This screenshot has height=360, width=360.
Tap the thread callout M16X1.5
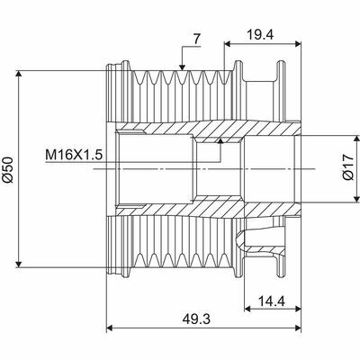pos(75,155)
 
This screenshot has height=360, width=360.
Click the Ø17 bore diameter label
pos(346,169)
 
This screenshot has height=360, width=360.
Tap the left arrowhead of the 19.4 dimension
pos(227,42)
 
